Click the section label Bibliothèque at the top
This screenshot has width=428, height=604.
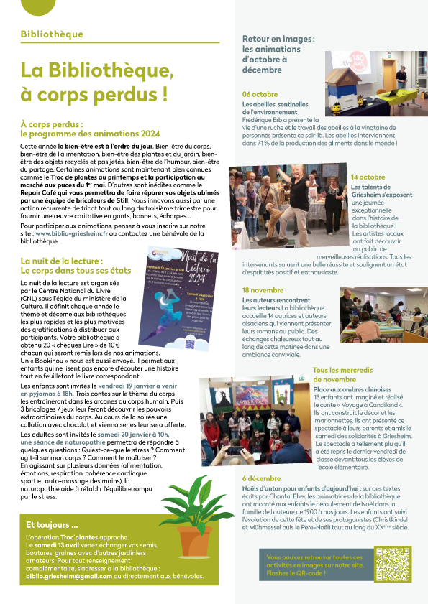coord(53,34)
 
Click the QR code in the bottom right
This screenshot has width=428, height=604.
coord(392,563)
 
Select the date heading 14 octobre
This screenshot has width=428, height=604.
coord(368,177)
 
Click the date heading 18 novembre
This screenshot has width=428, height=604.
coord(263,289)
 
